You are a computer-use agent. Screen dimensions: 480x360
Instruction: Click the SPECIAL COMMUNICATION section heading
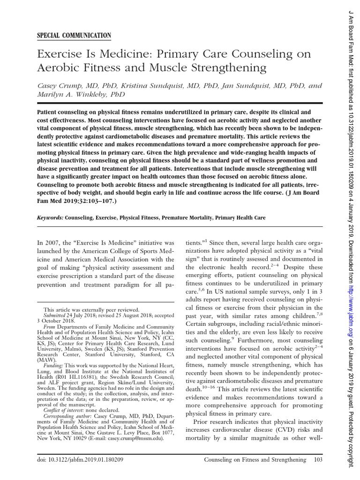(x=74, y=36)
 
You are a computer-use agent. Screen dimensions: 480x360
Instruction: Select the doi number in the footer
(x=86, y=460)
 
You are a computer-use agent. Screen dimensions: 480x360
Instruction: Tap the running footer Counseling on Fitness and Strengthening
(x=255, y=460)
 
